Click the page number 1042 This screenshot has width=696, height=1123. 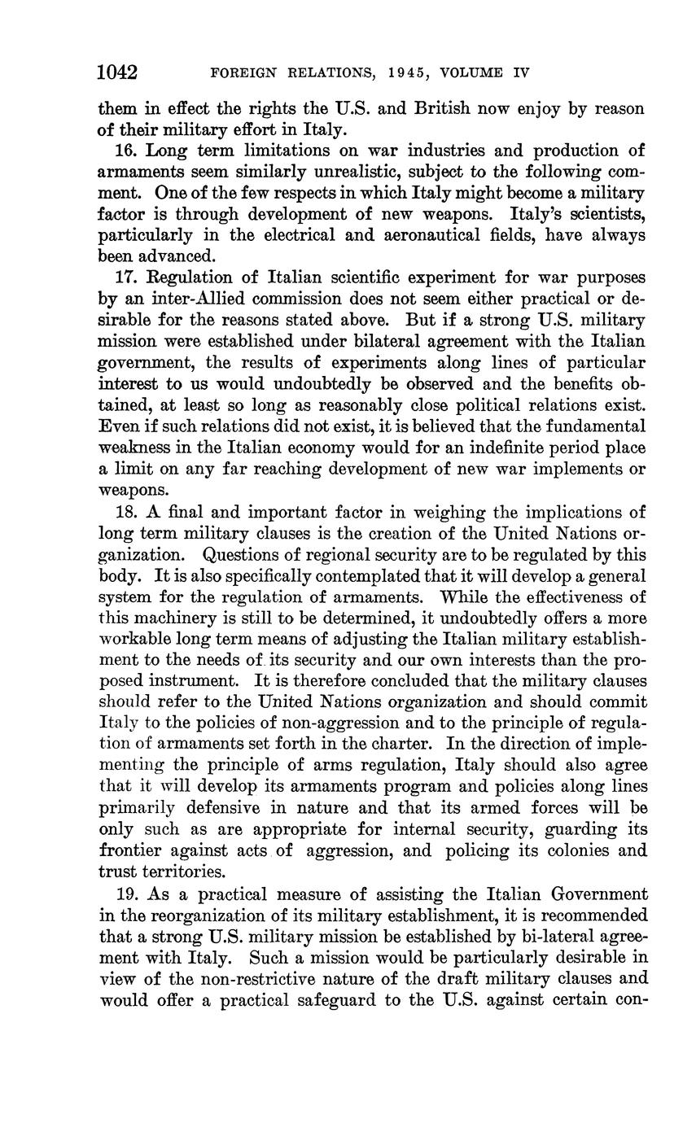pyautogui.click(x=117, y=73)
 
